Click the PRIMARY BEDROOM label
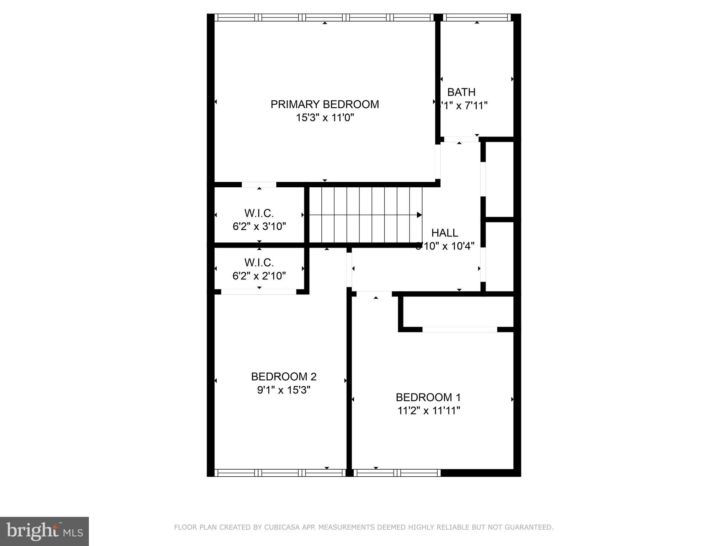click(325, 105)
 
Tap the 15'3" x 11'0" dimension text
click(325, 118)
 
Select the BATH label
click(461, 92)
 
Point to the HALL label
click(444, 233)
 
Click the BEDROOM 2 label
click(284, 376)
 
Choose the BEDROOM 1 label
click(428, 397)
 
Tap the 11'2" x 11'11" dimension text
click(429, 411)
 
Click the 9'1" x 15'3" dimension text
click(284, 390)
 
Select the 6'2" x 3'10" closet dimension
click(259, 226)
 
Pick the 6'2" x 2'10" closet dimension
click(259, 276)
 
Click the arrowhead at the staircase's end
click(419, 215)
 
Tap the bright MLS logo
click(44, 531)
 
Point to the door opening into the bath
click(461, 139)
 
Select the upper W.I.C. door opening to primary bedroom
click(259, 184)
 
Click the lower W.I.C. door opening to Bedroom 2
click(258, 292)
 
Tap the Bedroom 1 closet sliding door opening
click(459, 330)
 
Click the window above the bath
click(477, 17)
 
